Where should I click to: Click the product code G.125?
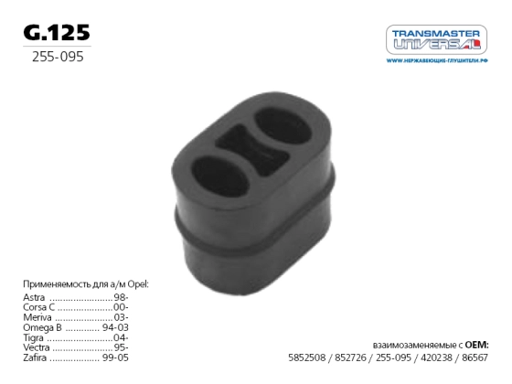click(57, 33)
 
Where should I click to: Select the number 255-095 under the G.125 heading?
click(58, 57)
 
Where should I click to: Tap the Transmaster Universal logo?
click(437, 39)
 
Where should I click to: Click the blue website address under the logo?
click(437, 60)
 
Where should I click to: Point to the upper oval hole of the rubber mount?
click(283, 126)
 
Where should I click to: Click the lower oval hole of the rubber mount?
click(220, 176)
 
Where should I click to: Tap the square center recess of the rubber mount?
click(251, 150)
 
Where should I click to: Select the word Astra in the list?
click(34, 297)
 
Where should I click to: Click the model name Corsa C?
click(38, 307)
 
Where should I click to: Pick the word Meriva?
click(37, 317)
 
